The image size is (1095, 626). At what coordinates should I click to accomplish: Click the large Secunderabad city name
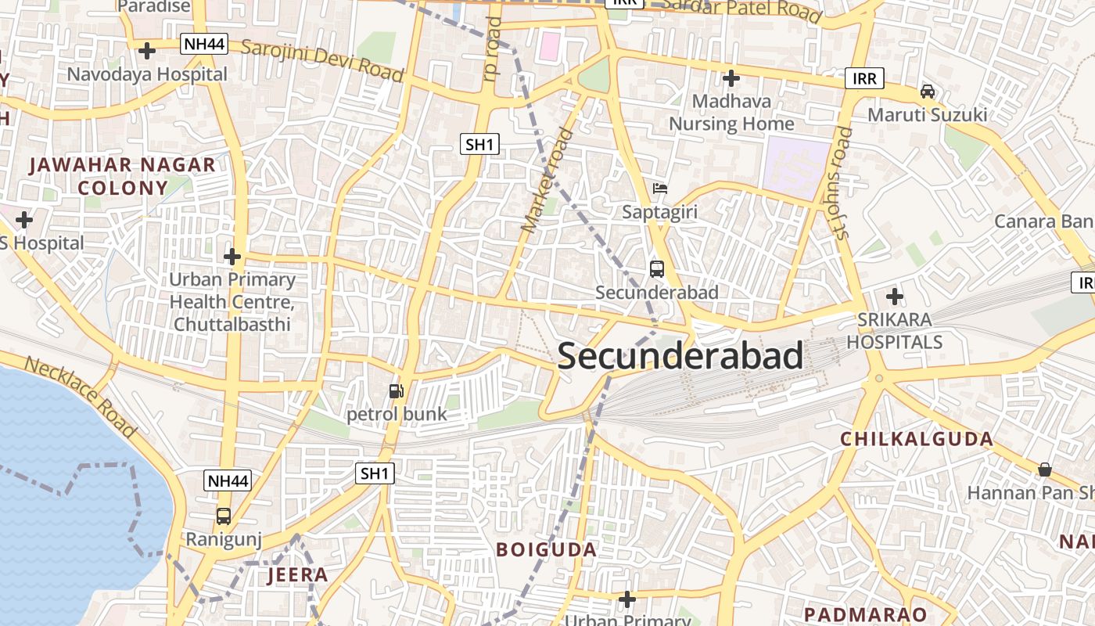pyautogui.click(x=680, y=357)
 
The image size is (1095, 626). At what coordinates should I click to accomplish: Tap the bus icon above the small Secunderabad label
pyautogui.click(x=657, y=269)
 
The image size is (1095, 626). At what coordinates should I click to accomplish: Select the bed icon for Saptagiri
pyautogui.click(x=660, y=189)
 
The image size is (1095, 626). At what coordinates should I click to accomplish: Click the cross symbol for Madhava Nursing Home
pyautogui.click(x=731, y=78)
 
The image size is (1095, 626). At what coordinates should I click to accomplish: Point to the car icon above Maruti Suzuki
pyautogui.click(x=928, y=92)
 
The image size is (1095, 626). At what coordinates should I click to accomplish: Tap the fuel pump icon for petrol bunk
pyautogui.click(x=397, y=390)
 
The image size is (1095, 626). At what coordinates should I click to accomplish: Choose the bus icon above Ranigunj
pyautogui.click(x=224, y=516)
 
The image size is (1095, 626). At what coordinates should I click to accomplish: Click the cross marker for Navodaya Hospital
pyautogui.click(x=146, y=52)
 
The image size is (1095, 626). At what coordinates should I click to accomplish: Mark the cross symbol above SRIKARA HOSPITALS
pyautogui.click(x=895, y=297)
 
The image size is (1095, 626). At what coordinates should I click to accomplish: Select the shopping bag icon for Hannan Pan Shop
pyautogui.click(x=1045, y=469)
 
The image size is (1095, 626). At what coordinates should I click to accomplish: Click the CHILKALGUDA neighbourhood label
pyautogui.click(x=917, y=439)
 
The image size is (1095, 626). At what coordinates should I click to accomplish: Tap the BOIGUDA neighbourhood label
pyautogui.click(x=547, y=549)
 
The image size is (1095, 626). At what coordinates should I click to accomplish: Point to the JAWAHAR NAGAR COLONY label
pyautogui.click(x=123, y=176)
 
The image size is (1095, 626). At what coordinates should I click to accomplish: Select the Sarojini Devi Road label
pyautogui.click(x=322, y=59)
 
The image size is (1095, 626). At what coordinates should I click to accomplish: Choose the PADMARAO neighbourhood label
pyautogui.click(x=865, y=614)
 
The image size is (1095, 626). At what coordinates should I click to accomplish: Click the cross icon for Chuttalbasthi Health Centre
pyautogui.click(x=232, y=257)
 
